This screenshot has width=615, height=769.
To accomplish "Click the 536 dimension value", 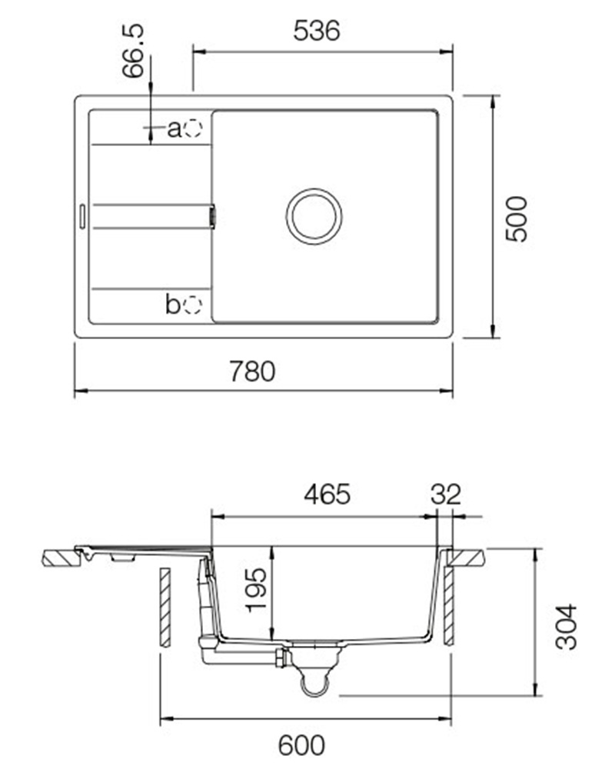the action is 316,31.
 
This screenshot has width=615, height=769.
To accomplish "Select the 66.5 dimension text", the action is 134,51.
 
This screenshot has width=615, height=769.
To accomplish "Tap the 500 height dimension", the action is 516,218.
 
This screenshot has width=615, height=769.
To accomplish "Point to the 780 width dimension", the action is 253,371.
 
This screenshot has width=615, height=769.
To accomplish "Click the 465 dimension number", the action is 327,494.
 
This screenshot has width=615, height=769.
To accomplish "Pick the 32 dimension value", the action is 447,494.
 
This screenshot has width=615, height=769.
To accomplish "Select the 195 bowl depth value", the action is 257,590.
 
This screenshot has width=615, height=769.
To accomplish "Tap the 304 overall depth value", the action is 567,628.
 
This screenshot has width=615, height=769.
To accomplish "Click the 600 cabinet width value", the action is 301,745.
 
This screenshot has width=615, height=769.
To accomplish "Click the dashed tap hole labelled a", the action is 193,128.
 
